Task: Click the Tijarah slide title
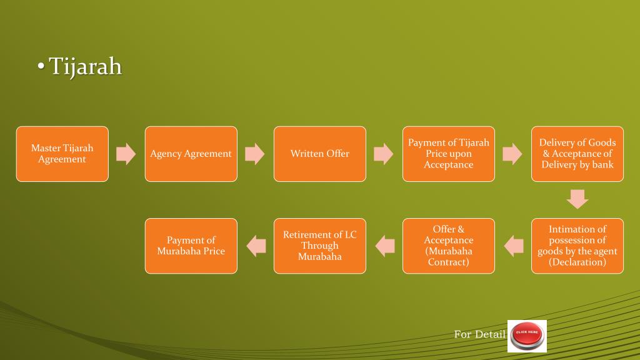[84, 66]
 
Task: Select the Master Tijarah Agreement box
[62, 154]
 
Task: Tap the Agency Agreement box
[191, 154]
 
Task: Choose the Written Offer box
[319, 154]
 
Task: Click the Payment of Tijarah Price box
[448, 154]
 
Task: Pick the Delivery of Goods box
[577, 154]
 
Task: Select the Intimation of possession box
[577, 246]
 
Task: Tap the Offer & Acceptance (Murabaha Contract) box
[448, 246]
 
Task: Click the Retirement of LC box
[319, 246]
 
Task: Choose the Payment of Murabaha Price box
[191, 246]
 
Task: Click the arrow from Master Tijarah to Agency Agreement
[126, 154]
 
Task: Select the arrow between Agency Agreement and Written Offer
[255, 154]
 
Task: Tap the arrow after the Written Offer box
[384, 154]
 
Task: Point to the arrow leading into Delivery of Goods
[512, 154]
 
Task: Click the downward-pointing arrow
[577, 199]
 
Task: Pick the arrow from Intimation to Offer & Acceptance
[513, 246]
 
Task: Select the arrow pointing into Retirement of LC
[384, 246]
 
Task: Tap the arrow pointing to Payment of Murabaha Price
[256, 246]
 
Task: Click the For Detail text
[479, 334]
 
